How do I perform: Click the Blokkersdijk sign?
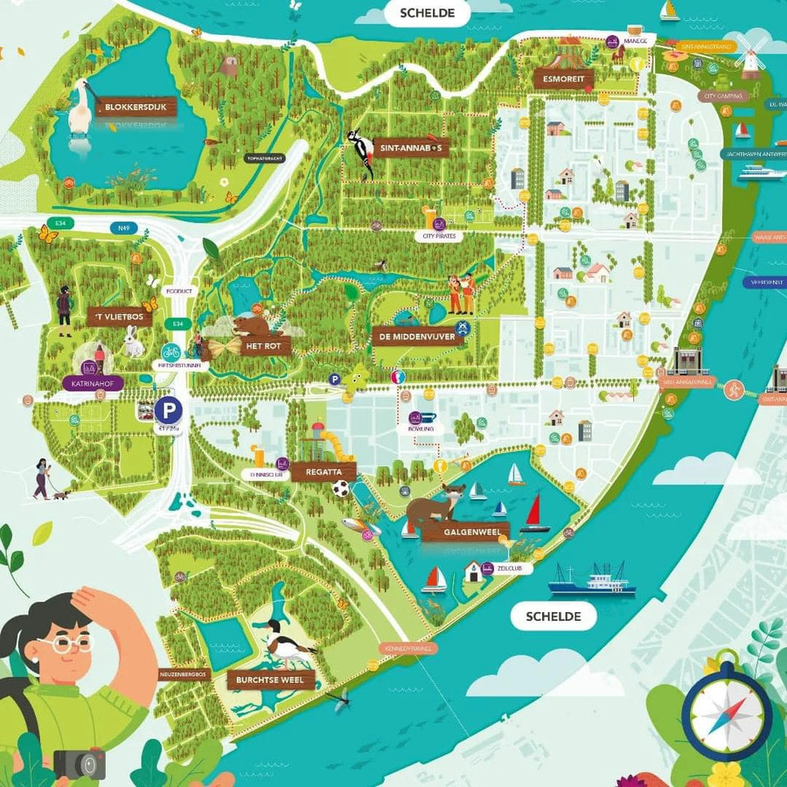coord(136,108)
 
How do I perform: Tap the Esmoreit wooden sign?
coord(564,79)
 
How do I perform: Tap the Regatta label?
coord(324,472)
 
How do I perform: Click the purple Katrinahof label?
coord(93,383)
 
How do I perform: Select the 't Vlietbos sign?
coord(120,317)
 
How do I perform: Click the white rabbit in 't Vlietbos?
coord(133,341)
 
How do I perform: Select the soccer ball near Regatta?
coord(341,489)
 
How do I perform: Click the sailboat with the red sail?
coord(534,512)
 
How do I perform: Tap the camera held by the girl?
coord(79,763)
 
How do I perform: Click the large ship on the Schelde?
coord(592,579)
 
